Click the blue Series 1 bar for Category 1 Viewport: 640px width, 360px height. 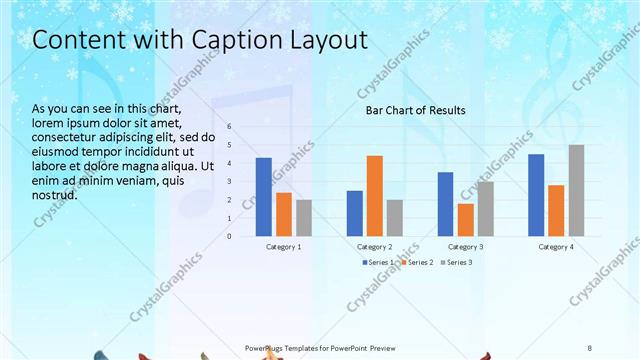pos(264,197)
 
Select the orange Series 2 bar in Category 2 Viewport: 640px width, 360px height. pos(375,196)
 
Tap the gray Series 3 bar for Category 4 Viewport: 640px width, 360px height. pos(576,191)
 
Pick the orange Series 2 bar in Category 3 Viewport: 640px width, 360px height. pos(465,220)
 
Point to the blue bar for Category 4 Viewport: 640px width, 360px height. pos(536,195)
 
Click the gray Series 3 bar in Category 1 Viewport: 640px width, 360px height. pos(304,218)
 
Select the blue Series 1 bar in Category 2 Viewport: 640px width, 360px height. pos(355,213)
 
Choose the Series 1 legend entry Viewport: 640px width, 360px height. pos(378,262)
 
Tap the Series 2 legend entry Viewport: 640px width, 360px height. pos(418,262)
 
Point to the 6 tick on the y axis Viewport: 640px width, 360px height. pos(229,127)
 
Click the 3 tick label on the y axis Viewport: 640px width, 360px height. pos(229,182)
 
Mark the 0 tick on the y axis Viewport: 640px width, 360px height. pos(229,237)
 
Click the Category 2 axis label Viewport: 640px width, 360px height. pos(375,246)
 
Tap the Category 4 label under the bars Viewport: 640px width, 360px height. pos(556,246)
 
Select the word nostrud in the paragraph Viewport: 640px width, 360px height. pos(56,195)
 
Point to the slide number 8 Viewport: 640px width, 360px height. pos(590,347)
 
